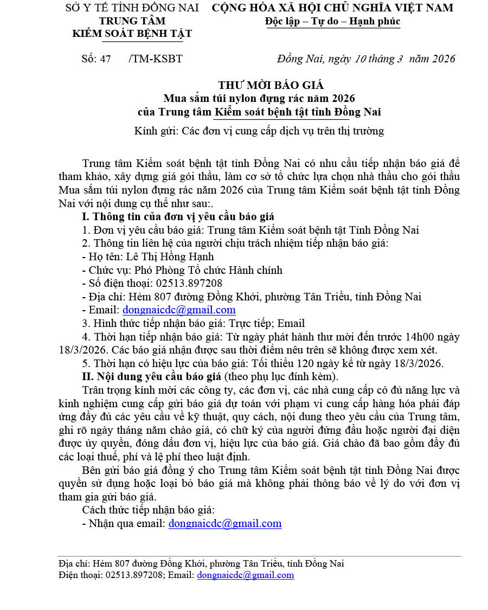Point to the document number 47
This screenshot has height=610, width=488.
(105, 59)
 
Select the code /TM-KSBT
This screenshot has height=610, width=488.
(156, 59)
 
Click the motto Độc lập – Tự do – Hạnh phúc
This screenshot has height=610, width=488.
(332, 22)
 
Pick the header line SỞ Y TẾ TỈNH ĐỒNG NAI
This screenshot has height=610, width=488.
(132, 8)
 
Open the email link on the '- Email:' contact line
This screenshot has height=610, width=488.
(179, 310)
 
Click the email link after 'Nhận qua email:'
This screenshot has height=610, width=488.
(225, 524)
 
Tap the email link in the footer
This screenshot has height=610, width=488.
(246, 575)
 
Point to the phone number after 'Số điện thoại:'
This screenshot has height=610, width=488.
(189, 284)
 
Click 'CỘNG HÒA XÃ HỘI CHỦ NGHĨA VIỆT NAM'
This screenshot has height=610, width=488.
(332, 8)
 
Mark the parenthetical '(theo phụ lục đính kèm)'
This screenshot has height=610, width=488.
(281, 377)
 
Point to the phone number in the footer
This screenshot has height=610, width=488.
(134, 575)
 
